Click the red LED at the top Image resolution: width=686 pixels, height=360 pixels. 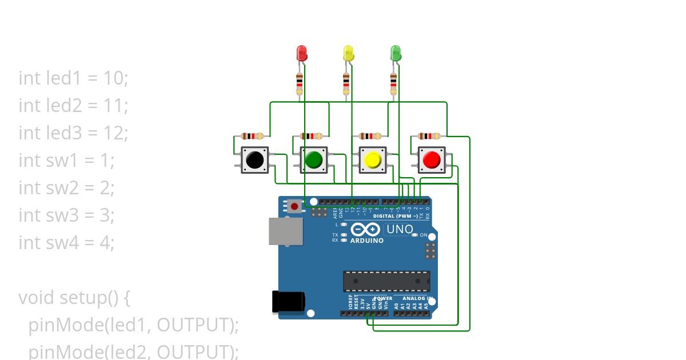pyautogui.click(x=302, y=54)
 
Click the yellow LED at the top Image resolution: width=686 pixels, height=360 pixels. pyautogui.click(x=348, y=54)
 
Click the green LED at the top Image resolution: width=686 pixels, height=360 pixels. pyautogui.click(x=395, y=54)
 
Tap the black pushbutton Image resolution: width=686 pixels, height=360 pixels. pyautogui.click(x=254, y=160)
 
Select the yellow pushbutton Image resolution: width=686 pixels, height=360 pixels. pyautogui.click(x=372, y=160)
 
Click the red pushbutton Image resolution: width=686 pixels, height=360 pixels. pyautogui.click(x=432, y=160)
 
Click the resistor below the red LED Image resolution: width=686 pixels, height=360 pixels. pyautogui.click(x=300, y=84)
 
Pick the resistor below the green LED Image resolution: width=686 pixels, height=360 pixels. pyautogui.click(x=393, y=84)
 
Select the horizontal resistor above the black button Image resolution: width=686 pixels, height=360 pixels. pyautogui.click(x=252, y=136)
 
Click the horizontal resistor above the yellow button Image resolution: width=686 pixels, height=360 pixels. pyautogui.click(x=370, y=136)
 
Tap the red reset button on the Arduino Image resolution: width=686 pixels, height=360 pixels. pyautogui.click(x=294, y=206)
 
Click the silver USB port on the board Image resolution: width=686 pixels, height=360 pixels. pyautogui.click(x=285, y=231)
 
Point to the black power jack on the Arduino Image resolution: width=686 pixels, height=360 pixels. pyautogui.click(x=288, y=302)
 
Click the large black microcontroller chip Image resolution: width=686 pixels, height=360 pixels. pyautogui.click(x=386, y=281)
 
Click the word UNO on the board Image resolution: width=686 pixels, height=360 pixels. pyautogui.click(x=400, y=230)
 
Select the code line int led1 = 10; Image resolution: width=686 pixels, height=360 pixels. pyautogui.click(x=73, y=78)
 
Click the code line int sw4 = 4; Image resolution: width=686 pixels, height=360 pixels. pyautogui.click(x=66, y=242)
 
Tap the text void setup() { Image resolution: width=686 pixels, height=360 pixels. pyautogui.click(x=74, y=298)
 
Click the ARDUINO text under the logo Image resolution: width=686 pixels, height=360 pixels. pyautogui.click(x=366, y=241)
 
